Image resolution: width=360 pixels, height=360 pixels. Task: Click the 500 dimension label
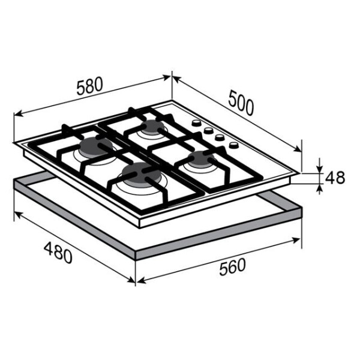coord(242,103)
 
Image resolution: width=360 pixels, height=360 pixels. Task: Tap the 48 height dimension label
coord(335,177)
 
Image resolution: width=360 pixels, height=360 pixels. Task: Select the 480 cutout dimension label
coord(58,253)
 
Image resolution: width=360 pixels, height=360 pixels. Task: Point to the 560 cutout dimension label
coord(232,267)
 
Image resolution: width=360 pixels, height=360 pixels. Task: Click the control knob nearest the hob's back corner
coord(196,123)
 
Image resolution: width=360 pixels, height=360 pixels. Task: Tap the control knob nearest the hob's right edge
coord(234,145)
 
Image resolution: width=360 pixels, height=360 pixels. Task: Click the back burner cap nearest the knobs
coord(152,127)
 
